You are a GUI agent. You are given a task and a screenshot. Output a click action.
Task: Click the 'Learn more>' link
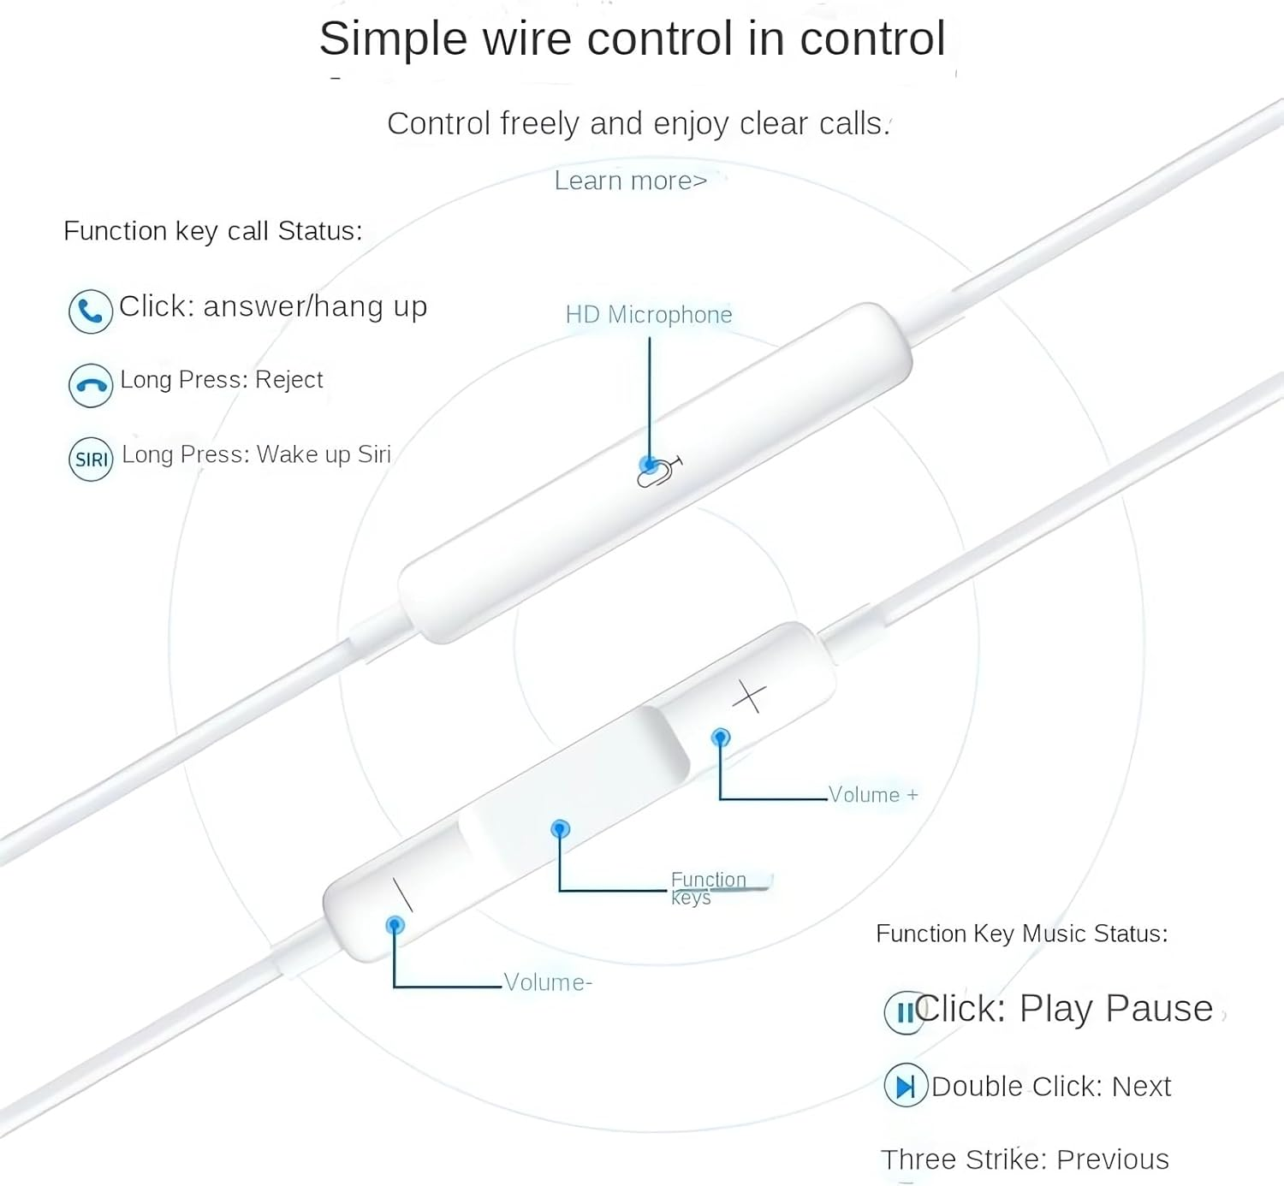click(630, 181)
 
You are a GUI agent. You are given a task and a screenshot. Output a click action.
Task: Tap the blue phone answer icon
click(90, 311)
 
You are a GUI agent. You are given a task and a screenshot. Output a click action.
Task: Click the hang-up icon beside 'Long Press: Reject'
click(90, 385)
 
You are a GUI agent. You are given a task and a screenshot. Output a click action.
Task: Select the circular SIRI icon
click(91, 459)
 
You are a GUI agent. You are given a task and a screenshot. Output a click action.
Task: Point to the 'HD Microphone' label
click(648, 315)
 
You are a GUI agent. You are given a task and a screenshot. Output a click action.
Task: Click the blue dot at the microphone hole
click(649, 466)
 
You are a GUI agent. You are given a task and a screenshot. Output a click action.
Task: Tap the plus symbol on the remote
click(749, 697)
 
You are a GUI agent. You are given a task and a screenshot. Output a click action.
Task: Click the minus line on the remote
click(402, 893)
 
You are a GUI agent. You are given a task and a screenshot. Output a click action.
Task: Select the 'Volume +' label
click(872, 795)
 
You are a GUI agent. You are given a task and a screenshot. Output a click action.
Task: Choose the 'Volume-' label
click(547, 982)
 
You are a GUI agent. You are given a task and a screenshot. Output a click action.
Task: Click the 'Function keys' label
click(708, 887)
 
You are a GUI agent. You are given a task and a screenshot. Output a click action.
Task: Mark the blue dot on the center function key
click(561, 828)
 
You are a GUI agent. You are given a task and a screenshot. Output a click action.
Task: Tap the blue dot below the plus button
click(721, 737)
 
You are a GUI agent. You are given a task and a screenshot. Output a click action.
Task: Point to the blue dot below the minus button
click(395, 925)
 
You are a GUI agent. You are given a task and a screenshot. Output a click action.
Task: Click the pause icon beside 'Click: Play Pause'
click(904, 1012)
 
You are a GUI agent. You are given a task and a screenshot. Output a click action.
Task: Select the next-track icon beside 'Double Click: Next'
click(905, 1086)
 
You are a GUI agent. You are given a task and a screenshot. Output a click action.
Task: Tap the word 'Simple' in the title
click(393, 39)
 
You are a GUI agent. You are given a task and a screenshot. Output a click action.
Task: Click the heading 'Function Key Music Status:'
click(1021, 934)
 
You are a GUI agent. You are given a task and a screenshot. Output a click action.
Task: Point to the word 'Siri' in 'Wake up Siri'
click(374, 454)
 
